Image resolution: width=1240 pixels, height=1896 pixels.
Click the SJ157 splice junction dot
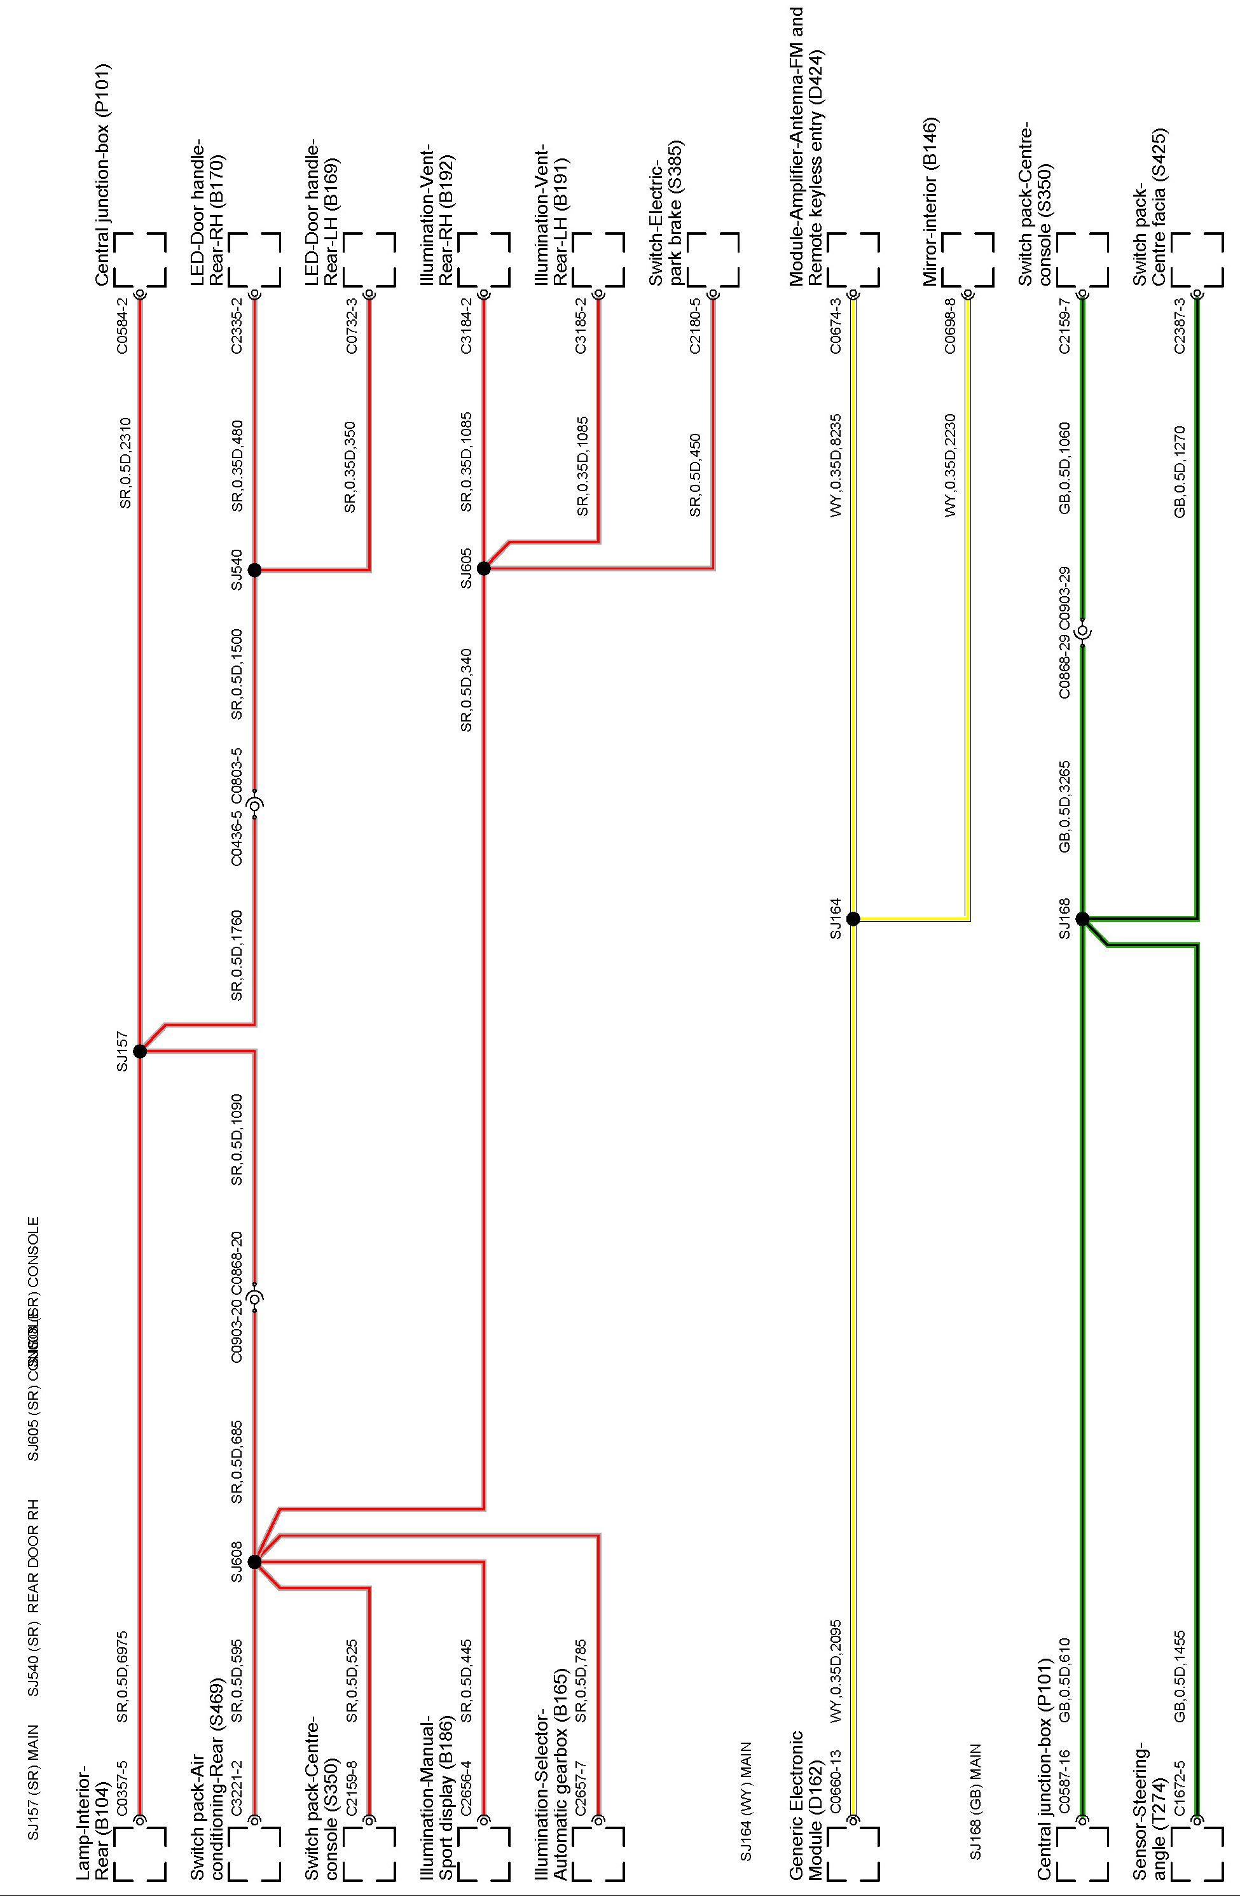pos(140,1051)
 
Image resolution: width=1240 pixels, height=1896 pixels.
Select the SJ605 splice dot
pos(483,568)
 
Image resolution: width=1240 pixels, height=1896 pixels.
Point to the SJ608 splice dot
pos(254,1561)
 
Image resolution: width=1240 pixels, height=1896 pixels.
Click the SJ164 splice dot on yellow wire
pos(853,919)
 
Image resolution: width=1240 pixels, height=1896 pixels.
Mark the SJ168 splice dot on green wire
pos(1082,919)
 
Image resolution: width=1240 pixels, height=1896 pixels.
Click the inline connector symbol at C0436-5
pos(255,805)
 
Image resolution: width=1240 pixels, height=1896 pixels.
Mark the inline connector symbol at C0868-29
pos(1082,633)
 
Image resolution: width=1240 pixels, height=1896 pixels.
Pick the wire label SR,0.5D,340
pos(467,690)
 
